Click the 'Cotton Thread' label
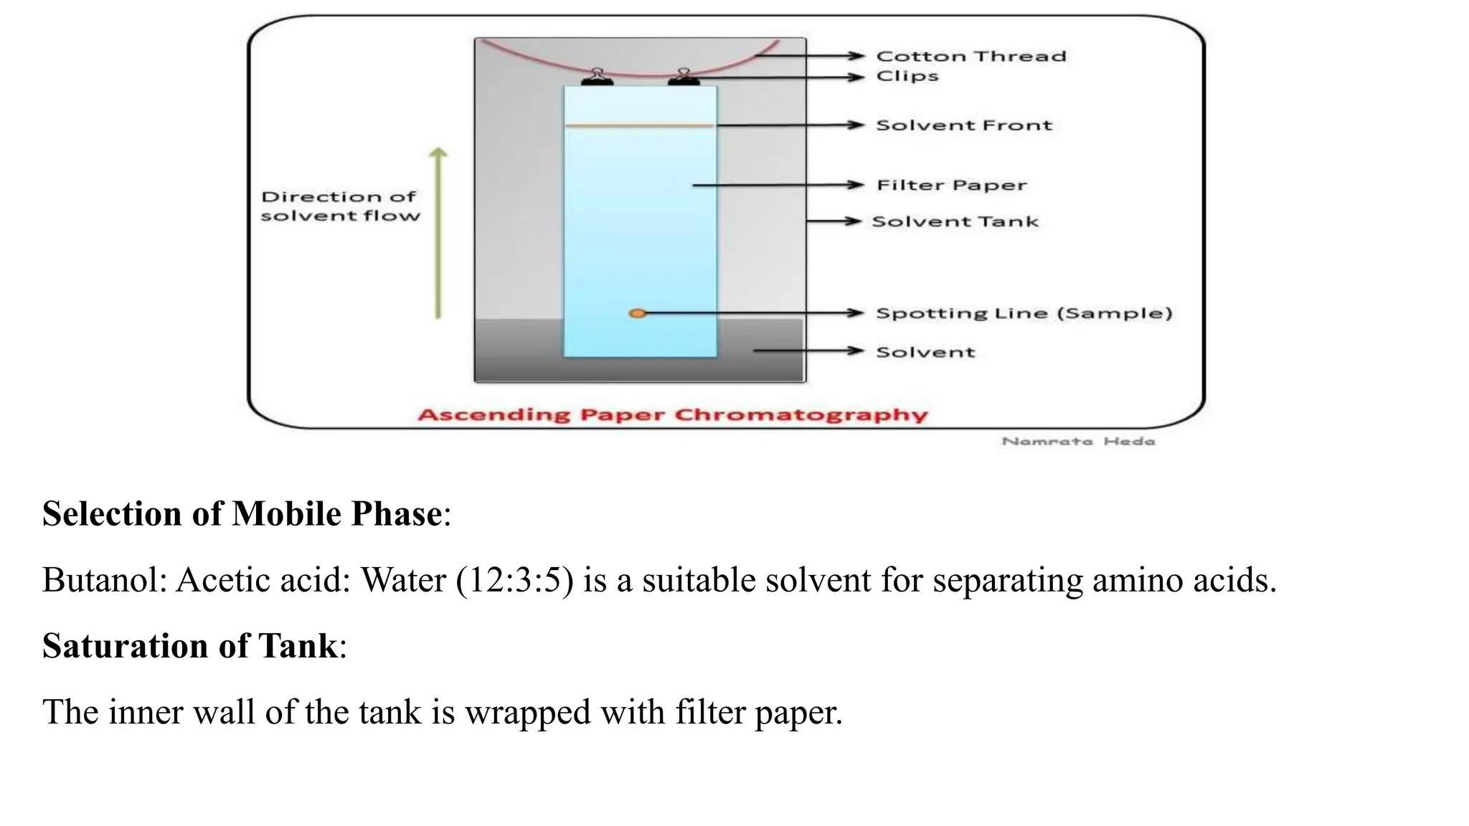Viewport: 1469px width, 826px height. (x=971, y=56)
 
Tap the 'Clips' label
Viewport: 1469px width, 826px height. (x=907, y=76)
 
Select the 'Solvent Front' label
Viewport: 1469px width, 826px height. (x=964, y=125)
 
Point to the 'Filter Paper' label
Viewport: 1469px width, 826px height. (x=952, y=185)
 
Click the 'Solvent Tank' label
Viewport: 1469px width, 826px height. (x=955, y=222)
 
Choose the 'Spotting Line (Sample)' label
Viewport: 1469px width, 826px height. (x=1024, y=313)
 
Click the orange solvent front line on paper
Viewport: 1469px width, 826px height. (x=638, y=125)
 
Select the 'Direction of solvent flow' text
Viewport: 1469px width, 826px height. (x=339, y=206)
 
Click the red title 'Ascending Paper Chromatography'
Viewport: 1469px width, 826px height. (x=672, y=415)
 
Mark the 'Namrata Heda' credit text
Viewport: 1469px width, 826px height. (x=1078, y=442)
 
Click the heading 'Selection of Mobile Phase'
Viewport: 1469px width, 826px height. (x=242, y=514)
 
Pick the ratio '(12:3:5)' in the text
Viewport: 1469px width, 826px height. (x=514, y=580)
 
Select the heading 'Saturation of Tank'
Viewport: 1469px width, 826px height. (x=190, y=646)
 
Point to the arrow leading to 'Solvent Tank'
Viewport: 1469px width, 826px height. (x=833, y=222)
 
